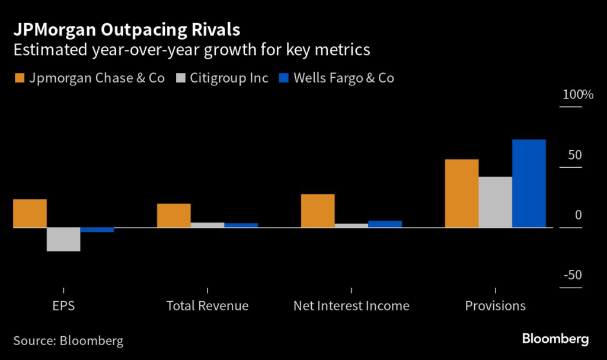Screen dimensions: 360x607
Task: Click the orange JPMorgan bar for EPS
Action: [x=30, y=214]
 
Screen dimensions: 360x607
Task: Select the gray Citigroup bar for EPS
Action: [x=63, y=239]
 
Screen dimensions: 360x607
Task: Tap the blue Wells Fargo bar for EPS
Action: [x=97, y=230]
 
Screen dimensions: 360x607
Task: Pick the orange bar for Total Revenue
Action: [x=174, y=215]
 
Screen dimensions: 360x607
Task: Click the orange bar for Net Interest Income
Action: [x=318, y=211]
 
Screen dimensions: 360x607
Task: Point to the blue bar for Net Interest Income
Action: [x=385, y=224]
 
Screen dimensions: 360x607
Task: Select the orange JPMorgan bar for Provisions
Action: [x=462, y=193]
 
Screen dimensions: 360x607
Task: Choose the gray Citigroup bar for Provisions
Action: [x=495, y=202]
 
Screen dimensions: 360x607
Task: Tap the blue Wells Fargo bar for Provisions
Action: [x=529, y=183]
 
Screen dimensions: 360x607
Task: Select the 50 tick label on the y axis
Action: [x=574, y=155]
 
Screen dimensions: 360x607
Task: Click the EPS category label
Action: [x=63, y=306]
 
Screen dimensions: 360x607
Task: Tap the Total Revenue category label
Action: [x=207, y=306]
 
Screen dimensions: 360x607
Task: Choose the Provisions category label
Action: [x=495, y=306]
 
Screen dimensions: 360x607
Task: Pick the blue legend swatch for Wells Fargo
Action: [x=283, y=78]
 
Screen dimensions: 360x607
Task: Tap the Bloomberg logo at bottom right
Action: [x=555, y=339]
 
